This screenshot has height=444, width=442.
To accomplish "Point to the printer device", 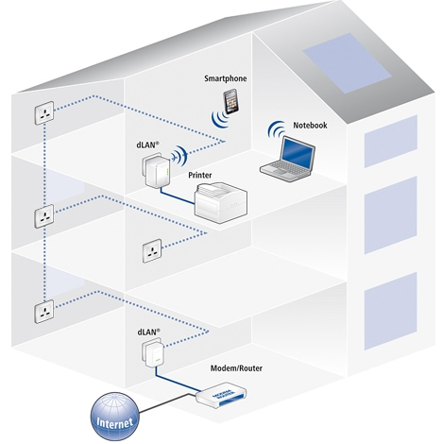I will pos(224,200).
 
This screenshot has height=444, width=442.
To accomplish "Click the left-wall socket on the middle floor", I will pos(44,216).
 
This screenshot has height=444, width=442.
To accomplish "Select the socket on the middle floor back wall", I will pos(154,250).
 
